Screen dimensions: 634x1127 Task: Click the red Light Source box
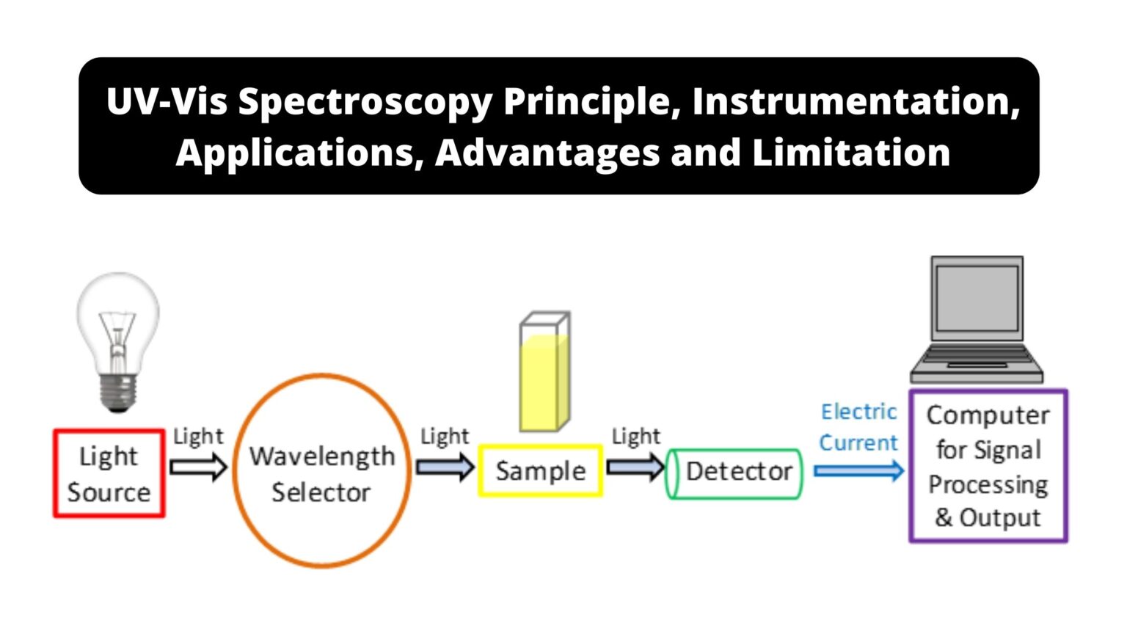tap(109, 474)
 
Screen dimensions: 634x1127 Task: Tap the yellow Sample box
tap(541, 471)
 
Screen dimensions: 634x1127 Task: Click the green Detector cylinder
tap(734, 474)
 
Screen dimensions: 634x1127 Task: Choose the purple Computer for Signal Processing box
tap(988, 467)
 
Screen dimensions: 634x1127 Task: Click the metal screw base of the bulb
tap(118, 392)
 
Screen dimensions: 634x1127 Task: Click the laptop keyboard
tap(977, 359)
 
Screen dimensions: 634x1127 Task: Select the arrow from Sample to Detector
tap(635, 467)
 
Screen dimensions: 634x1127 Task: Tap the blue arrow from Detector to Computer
tap(858, 470)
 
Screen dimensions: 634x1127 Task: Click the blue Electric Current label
tap(858, 427)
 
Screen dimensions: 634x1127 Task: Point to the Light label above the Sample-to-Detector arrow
tap(635, 436)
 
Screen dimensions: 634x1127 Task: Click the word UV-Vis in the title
tap(167, 101)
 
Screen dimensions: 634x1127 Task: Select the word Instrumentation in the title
tap(856, 101)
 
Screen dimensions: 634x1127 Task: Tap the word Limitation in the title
tap(851, 153)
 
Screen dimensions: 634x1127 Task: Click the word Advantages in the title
tap(547, 153)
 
